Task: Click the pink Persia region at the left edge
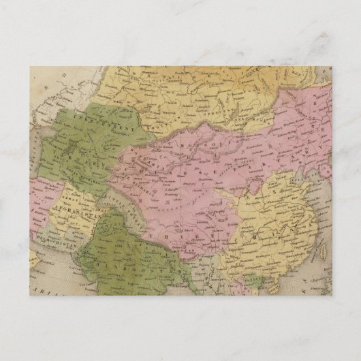(x=37, y=198)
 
